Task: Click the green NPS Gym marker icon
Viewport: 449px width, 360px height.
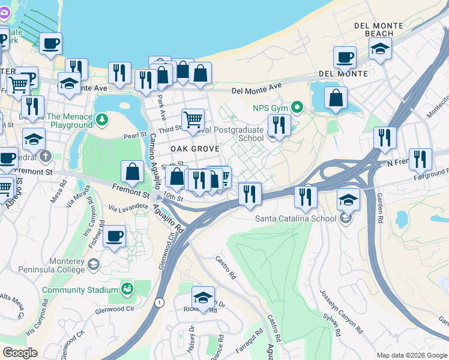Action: point(296,108)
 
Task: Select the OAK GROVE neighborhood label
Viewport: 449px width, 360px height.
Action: point(194,148)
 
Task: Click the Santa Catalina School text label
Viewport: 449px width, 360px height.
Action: point(297,218)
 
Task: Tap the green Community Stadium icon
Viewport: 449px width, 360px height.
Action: point(127,290)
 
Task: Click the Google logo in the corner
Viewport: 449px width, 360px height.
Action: point(20,353)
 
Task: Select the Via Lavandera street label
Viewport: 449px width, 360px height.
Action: point(128,207)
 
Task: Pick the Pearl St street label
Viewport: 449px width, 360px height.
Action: point(134,136)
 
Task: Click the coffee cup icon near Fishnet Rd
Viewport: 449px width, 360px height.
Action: point(114,236)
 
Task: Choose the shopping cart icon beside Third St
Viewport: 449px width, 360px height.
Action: point(193,119)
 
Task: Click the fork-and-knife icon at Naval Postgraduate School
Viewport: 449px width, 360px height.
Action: point(279,125)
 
